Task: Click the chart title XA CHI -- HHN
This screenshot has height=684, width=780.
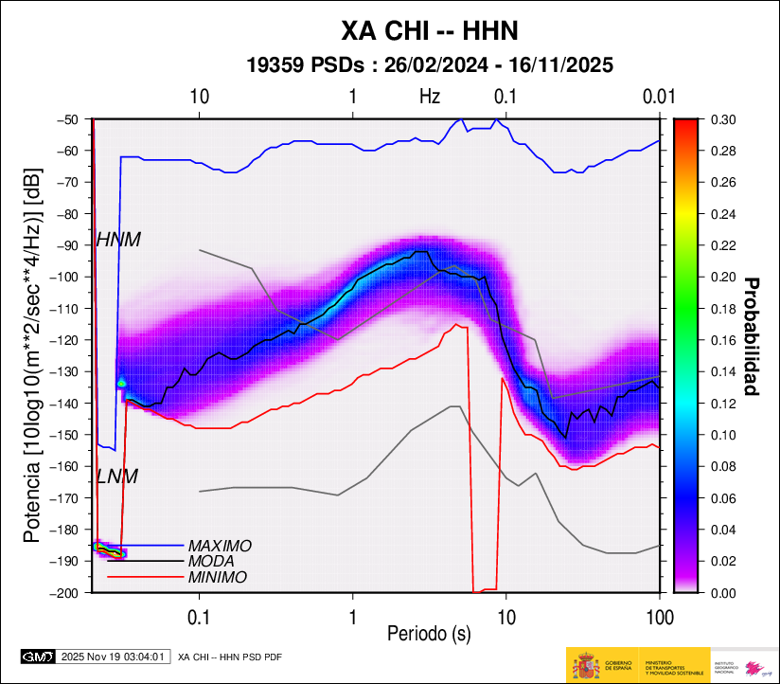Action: coord(429,31)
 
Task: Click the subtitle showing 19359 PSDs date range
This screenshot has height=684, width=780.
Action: coord(429,65)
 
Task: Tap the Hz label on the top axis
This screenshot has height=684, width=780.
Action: coord(430,97)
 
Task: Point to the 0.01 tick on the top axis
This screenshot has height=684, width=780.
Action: coord(657,97)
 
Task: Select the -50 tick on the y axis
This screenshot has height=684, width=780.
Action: coord(67,119)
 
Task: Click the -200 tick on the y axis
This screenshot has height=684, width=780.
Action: coord(64,593)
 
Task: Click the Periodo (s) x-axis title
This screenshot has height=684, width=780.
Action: coord(429,631)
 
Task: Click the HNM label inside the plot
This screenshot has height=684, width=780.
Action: coord(118,241)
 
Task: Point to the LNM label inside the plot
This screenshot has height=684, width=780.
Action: coord(117,477)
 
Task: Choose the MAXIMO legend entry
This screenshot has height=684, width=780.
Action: coord(220,547)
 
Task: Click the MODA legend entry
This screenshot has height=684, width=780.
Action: coord(212,562)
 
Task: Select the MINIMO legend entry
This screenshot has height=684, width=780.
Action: coord(218,577)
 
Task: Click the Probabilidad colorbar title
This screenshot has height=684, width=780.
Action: coord(753,336)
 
